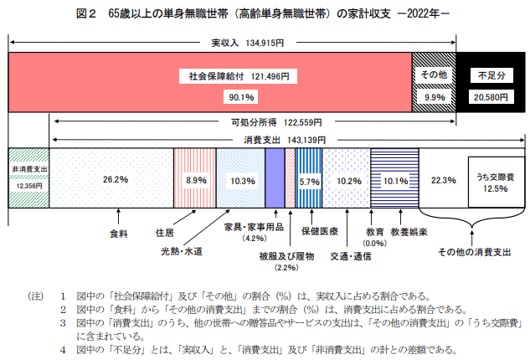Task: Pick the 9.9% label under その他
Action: (x=434, y=98)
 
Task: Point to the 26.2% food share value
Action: (x=116, y=179)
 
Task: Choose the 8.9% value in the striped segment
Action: (x=196, y=179)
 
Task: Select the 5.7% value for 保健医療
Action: (x=309, y=180)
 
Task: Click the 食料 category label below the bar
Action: (x=120, y=233)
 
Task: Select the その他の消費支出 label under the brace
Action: (x=474, y=250)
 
